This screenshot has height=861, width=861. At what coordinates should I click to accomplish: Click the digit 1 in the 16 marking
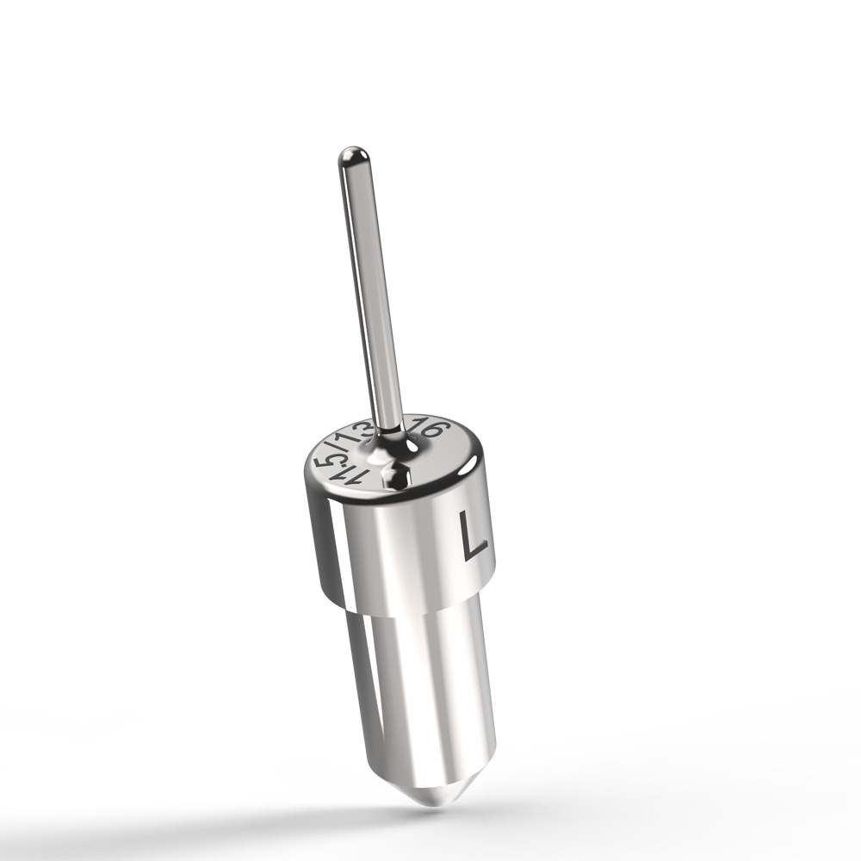coord(420,424)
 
